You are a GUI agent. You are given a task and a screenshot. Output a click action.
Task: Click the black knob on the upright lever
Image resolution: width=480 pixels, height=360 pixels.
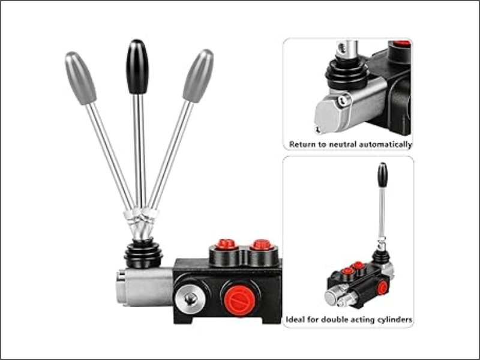(137, 67)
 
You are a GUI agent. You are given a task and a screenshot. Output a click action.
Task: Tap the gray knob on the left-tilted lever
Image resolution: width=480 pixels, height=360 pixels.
(80, 78)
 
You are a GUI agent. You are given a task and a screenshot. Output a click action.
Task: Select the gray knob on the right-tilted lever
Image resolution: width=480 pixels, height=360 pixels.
(198, 76)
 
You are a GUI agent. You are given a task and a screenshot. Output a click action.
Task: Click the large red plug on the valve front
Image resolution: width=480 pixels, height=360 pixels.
(239, 301)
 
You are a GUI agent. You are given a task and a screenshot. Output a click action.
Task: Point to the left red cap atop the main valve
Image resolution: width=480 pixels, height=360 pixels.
(226, 244)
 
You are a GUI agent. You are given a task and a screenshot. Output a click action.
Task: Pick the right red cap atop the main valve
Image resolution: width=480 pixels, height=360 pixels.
(262, 245)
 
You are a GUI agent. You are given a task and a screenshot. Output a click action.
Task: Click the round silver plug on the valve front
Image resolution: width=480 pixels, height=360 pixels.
(190, 298)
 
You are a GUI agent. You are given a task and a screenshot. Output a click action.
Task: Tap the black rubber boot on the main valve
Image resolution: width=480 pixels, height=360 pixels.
(143, 253)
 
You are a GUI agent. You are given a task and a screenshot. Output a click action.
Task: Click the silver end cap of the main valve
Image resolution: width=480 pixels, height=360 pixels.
(144, 287)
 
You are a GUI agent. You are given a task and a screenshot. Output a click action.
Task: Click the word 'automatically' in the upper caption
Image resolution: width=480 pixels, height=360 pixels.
(385, 145)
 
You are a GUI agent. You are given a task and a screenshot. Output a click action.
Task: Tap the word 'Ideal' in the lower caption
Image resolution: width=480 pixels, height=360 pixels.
(295, 320)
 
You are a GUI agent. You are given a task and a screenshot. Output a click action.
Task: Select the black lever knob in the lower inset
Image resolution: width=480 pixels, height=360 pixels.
(382, 175)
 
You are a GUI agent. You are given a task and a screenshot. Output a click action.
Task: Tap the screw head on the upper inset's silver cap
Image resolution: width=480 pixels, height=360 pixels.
(343, 100)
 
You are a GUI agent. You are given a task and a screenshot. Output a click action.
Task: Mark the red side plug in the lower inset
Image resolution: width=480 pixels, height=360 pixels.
(382, 287)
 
